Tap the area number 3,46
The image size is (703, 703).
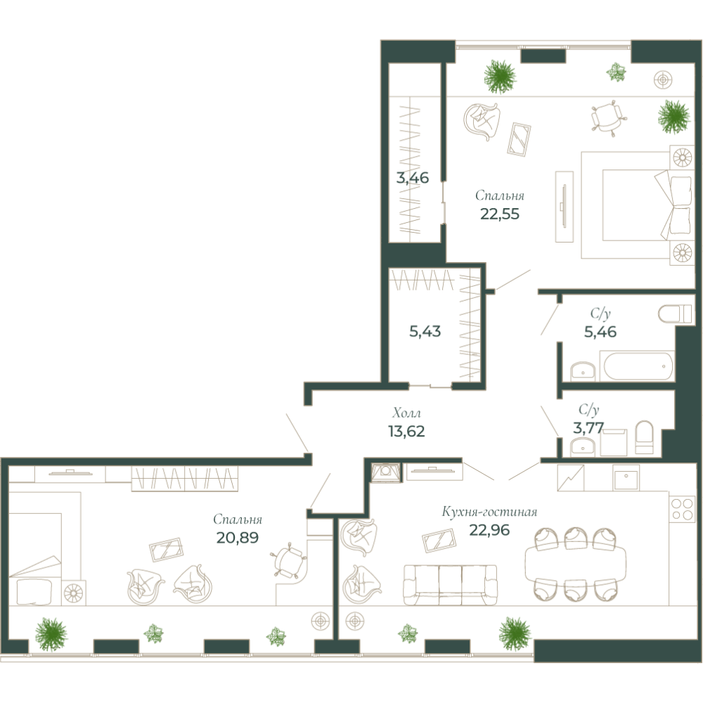(413, 178)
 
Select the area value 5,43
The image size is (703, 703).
(425, 330)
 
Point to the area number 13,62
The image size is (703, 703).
(406, 430)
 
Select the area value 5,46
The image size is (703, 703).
(600, 331)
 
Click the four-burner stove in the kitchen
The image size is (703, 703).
(681, 508)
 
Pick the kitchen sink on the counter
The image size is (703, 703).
(626, 479)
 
